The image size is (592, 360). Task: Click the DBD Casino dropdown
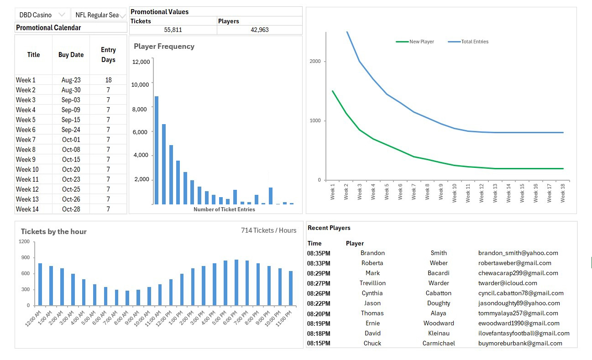pos(42,15)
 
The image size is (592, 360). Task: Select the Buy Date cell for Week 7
pos(71,140)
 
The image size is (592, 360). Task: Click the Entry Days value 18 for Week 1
pos(108,80)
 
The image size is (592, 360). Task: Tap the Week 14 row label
pos(27,209)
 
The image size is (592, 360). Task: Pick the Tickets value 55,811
pos(173,30)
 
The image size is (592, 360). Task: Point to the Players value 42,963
pos(260,30)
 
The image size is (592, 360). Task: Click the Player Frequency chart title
pos(164,47)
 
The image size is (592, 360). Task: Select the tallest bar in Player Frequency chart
pos(157,150)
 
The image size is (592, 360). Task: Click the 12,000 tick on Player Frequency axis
pos(141,62)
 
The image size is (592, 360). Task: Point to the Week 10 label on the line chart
pos(455,192)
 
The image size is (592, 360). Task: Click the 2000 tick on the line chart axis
pos(314,62)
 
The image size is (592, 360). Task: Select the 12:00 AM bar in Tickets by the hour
pos(40,284)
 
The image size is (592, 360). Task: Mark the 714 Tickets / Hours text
pos(268,230)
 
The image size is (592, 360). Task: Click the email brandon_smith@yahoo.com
pos(518,253)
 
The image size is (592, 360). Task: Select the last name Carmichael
pos(439,343)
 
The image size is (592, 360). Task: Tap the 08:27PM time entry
pos(319,283)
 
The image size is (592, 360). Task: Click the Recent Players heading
pos(329,228)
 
